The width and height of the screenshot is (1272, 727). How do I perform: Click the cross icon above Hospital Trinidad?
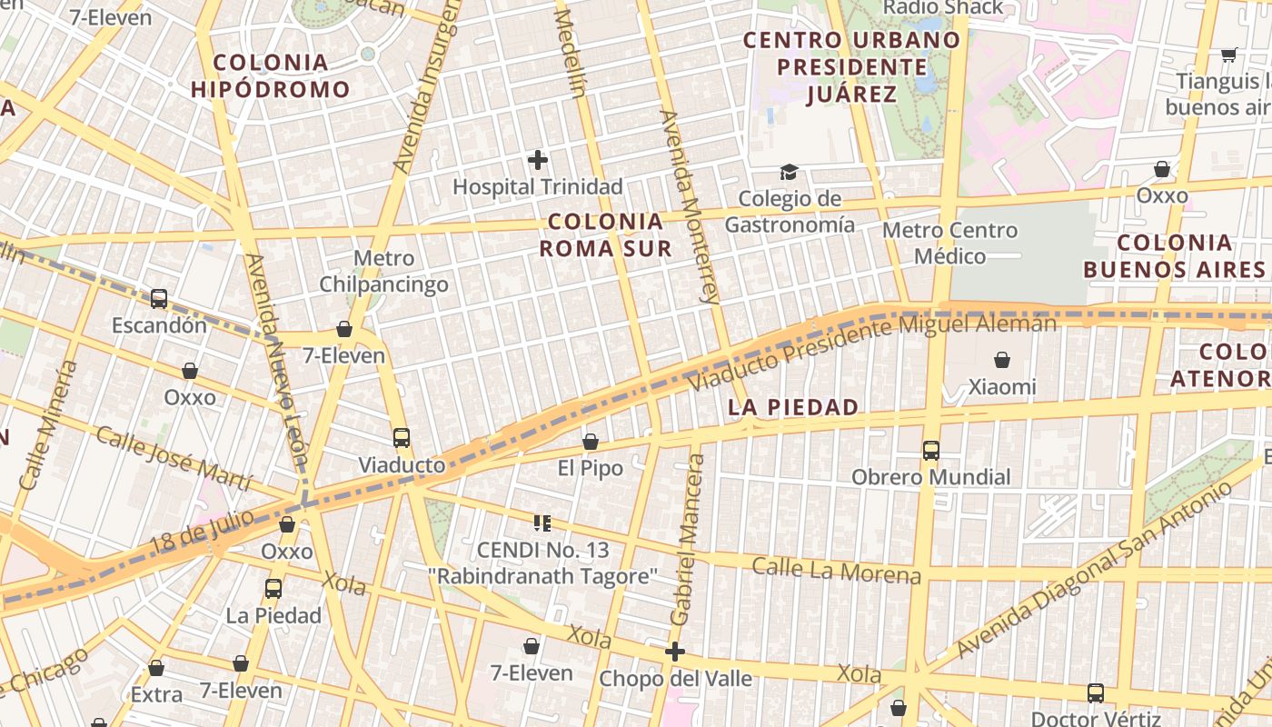[x=538, y=161]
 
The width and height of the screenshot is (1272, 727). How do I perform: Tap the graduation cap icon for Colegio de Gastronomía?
[x=789, y=172]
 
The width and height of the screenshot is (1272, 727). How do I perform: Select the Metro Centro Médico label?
[x=949, y=244]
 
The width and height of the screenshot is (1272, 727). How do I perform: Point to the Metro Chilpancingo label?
[x=383, y=271]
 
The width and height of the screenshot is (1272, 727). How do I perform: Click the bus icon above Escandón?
[x=159, y=298]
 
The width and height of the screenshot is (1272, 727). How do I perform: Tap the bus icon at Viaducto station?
[x=402, y=438]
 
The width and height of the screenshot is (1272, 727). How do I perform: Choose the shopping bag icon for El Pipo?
[x=591, y=442]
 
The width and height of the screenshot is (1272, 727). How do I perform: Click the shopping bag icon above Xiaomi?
[x=1002, y=361]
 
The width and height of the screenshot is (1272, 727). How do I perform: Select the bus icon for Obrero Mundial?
[x=930, y=450]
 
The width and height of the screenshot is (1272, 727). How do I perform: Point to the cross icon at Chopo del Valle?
[x=674, y=652]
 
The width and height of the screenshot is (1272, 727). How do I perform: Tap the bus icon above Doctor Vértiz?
[x=1096, y=693]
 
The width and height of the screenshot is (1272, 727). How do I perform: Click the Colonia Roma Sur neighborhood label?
[x=605, y=234]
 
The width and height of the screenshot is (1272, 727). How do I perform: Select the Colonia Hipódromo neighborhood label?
[x=270, y=75]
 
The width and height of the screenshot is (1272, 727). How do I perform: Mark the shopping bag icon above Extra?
[x=156, y=669]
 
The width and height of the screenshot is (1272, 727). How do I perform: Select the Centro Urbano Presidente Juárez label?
[x=851, y=66]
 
